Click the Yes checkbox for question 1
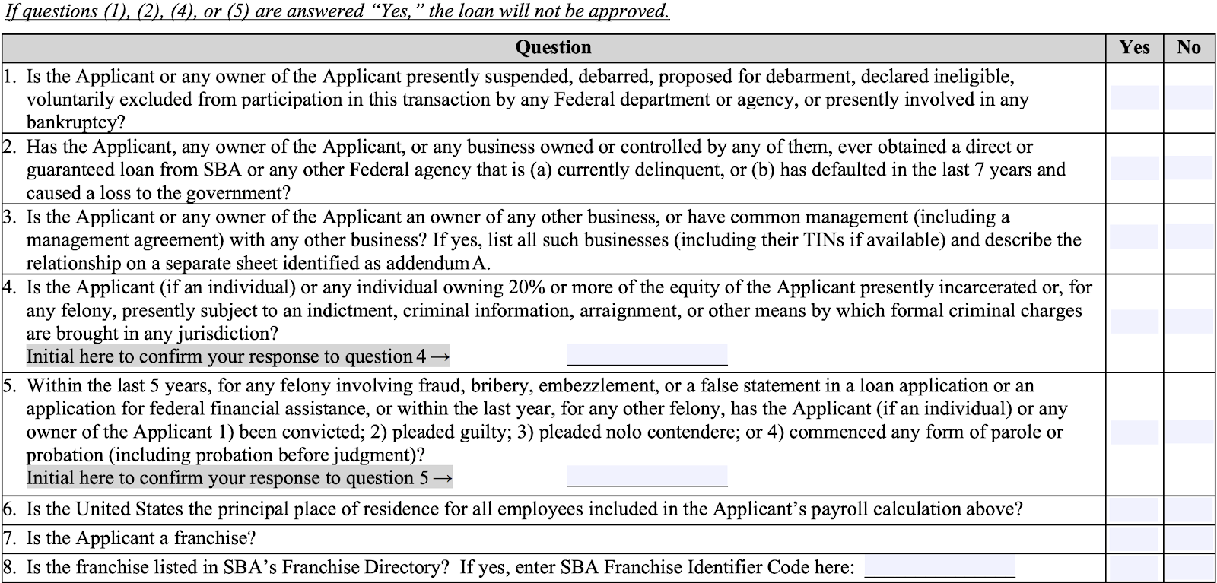[x=1134, y=98]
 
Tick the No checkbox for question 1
[x=1189, y=98]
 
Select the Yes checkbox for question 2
[x=1134, y=168]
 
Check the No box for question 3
[x=1189, y=236]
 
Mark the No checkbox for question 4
[x=1189, y=322]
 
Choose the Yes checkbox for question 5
[x=1134, y=432]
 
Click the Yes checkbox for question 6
[x=1134, y=510]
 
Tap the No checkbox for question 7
[x=1189, y=539]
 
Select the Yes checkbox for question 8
[x=1134, y=568]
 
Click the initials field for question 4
[x=647, y=355]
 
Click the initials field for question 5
[x=647, y=477]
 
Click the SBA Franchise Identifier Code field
[x=939, y=567]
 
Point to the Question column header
[x=553, y=47]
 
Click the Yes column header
[x=1134, y=47]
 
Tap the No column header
[x=1189, y=47]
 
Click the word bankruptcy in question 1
[x=75, y=122]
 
